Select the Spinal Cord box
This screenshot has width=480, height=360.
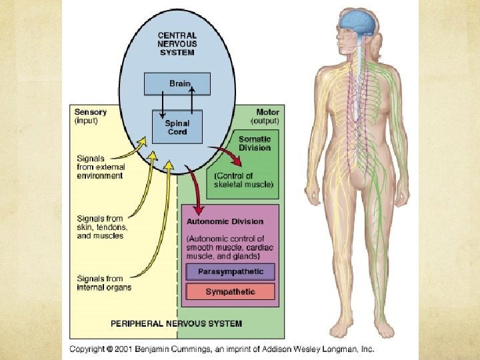177,127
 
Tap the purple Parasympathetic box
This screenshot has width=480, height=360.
231,272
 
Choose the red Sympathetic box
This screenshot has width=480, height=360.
231,292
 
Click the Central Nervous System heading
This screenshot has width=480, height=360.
177,44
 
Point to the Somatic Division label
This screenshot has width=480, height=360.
255,143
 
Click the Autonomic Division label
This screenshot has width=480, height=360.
225,221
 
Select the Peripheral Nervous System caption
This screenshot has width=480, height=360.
176,323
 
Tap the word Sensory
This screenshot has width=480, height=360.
89,113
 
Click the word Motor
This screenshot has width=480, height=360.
267,112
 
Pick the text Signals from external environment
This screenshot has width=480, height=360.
99,167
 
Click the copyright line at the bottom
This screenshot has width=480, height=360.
222,349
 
